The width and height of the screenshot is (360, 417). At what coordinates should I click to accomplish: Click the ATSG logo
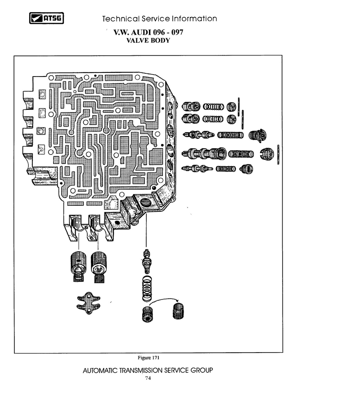point(46,18)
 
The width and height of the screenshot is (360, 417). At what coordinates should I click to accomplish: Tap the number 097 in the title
point(177,32)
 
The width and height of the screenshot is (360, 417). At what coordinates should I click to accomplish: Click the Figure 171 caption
point(148,358)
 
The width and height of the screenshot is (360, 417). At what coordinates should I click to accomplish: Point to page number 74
point(148,378)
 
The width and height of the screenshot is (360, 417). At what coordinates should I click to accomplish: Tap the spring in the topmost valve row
point(213,107)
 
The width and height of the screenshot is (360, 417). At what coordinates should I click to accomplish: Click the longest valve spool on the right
point(204,154)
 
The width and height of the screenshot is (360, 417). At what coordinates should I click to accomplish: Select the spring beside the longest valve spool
point(241,154)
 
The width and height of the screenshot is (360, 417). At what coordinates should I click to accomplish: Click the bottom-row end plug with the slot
point(246,169)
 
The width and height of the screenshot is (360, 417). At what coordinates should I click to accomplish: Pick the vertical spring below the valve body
point(147,289)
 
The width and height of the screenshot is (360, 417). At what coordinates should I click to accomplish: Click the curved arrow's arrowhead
point(177,300)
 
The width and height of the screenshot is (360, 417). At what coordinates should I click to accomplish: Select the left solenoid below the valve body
point(78,266)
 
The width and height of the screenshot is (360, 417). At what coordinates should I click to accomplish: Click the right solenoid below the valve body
point(99,267)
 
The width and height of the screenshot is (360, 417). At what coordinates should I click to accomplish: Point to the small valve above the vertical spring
point(147,261)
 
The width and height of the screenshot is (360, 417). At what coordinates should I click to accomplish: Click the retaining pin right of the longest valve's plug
point(278,154)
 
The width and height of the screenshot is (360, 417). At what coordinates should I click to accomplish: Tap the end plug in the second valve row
point(232,119)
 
